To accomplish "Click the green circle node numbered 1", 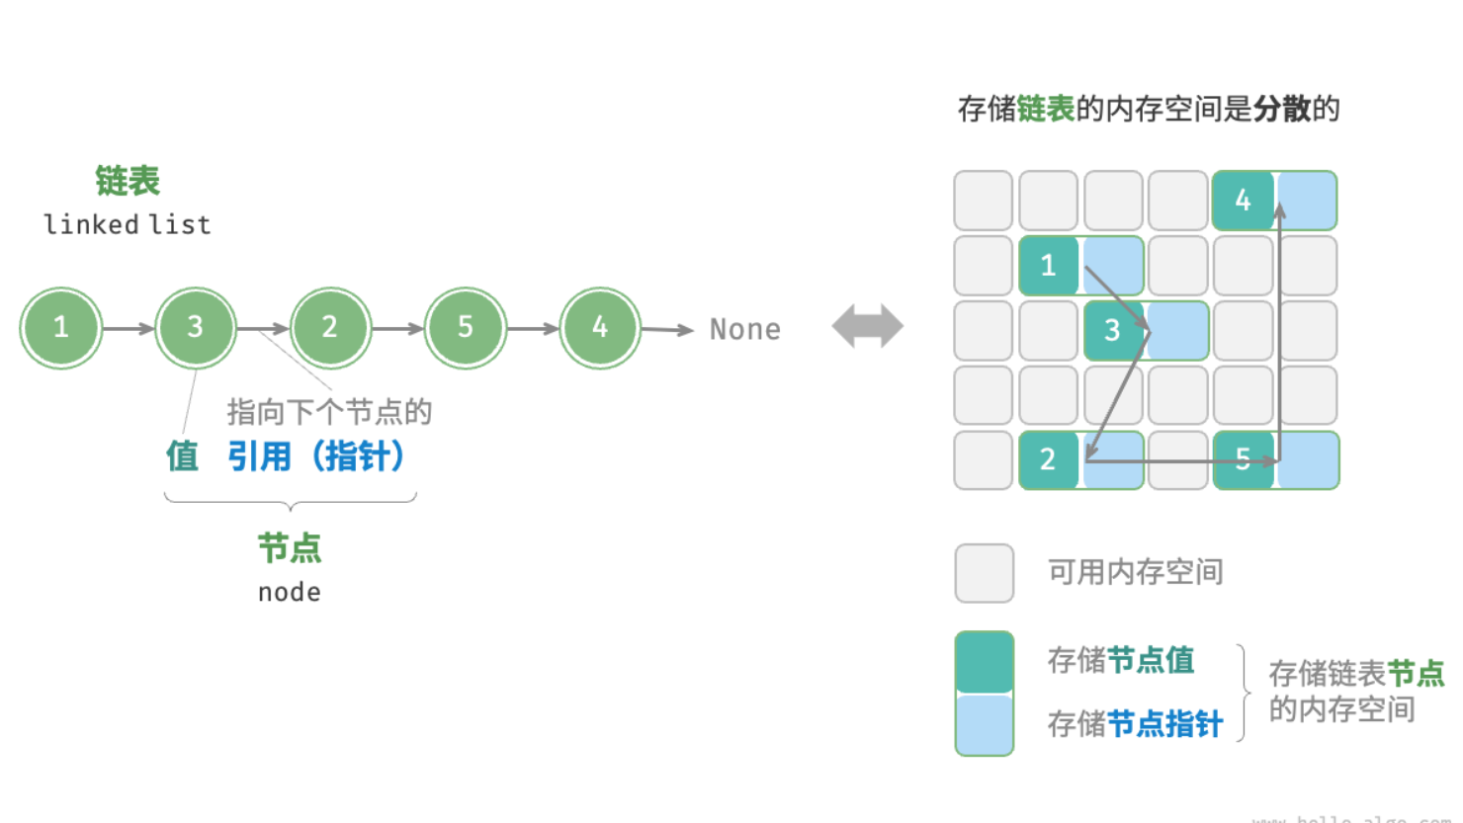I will coord(61,328).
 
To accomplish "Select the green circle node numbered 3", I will coord(196,328).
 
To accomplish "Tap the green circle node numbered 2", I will coord(330,328).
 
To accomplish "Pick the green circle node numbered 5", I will coord(465,328).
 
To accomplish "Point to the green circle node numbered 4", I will coord(599,328).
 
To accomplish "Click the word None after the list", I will coord(744,330).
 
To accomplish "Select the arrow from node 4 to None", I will coord(667,330).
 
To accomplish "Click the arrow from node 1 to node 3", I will coord(129,328).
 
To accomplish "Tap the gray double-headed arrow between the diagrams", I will coord(867,326).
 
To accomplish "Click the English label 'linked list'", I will coord(128,225).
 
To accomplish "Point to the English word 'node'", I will coord(289,593).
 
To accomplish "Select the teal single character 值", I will coord(182,456).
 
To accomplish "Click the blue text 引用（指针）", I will coord(316,456).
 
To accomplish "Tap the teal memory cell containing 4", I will coord(1243,201).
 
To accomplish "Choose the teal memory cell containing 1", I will coord(1049,265).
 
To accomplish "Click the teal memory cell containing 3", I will coord(1113,330).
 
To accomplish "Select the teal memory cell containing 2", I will coord(1049,459).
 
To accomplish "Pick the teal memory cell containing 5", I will coord(1243,459).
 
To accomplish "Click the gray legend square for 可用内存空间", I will coord(985,573).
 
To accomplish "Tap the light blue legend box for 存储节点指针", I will coord(985,725).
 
